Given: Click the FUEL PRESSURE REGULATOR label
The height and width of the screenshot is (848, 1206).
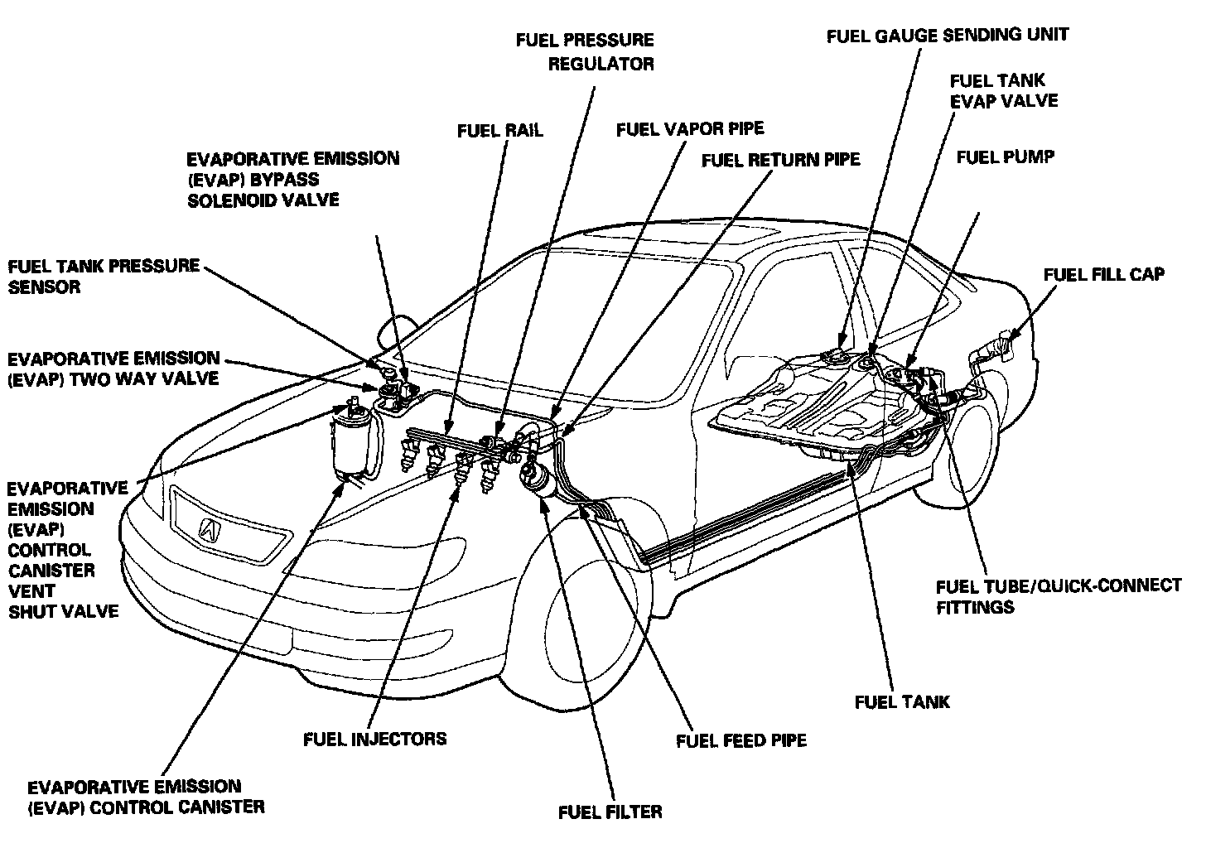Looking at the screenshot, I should [x=584, y=51].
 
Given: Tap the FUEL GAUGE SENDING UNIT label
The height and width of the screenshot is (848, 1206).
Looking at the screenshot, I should [x=948, y=35].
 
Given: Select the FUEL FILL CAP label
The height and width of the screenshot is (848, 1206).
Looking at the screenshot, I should [x=1103, y=275].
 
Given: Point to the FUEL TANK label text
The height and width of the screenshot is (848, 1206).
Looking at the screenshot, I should [x=902, y=702].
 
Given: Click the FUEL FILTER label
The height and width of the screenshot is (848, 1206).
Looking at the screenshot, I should [x=610, y=812].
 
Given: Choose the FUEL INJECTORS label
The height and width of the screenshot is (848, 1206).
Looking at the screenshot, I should [x=375, y=739].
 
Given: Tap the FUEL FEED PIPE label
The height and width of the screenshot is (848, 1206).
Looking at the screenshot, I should [x=740, y=740].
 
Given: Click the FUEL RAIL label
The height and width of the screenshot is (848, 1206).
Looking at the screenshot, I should [x=499, y=131].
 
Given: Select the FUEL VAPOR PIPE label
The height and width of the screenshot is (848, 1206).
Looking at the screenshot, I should [x=689, y=129].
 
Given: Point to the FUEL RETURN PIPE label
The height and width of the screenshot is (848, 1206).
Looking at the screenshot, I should [x=780, y=159].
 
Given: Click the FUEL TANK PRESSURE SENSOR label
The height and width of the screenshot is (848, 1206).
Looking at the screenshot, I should [x=104, y=277].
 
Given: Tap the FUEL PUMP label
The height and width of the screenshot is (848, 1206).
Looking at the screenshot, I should [x=1005, y=157].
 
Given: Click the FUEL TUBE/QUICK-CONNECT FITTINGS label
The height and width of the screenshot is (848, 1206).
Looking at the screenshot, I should [x=1058, y=596].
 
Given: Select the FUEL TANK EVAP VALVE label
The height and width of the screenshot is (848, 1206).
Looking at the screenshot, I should [x=1003, y=91].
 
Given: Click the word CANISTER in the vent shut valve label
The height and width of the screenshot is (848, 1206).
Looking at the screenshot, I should [x=51, y=571].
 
